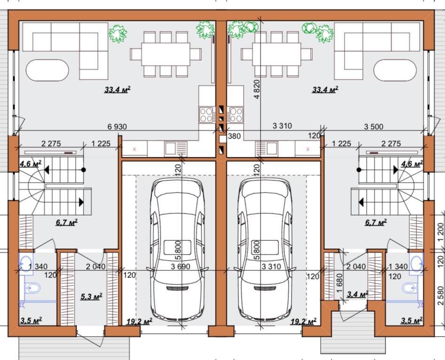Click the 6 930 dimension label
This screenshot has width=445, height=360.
[117, 127]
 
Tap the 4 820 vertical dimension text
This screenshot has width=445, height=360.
[257, 89]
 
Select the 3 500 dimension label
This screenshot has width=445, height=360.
[374, 127]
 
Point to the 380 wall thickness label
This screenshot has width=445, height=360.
[234, 136]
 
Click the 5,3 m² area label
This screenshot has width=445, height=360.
[92, 297]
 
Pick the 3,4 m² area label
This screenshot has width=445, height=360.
[357, 294]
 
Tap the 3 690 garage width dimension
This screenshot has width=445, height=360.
[181, 267]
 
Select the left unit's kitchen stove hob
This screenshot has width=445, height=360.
[207, 115]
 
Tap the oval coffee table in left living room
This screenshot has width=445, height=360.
[47, 70]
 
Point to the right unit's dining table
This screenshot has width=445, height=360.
[276, 54]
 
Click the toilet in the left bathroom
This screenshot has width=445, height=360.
[32, 288]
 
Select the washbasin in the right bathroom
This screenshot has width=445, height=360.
[416, 264]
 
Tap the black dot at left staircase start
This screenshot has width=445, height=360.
[84, 170]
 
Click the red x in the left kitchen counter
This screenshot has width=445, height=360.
[135, 149]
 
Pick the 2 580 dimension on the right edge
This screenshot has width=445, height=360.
[440, 296]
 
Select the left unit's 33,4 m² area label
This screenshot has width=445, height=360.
[117, 90]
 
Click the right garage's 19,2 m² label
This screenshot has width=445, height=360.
[303, 322]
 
